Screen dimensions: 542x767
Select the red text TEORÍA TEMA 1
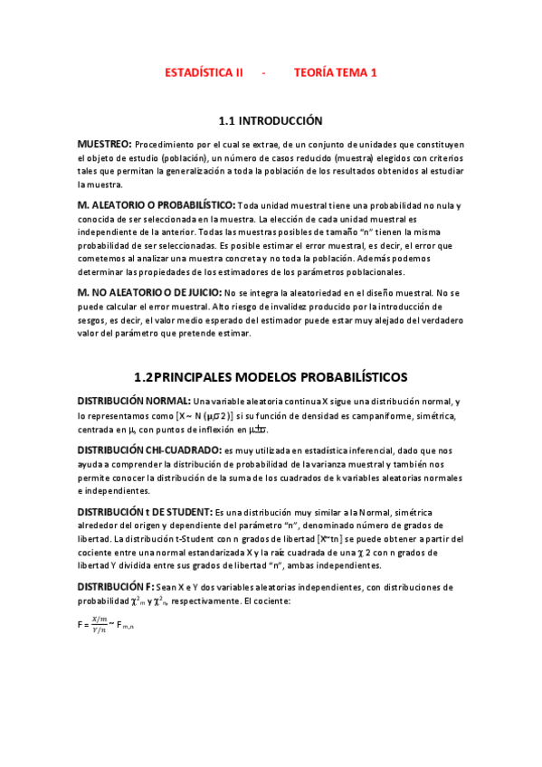(x=335, y=73)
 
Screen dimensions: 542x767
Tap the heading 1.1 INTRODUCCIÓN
(x=271, y=120)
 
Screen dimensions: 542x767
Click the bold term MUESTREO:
(x=105, y=144)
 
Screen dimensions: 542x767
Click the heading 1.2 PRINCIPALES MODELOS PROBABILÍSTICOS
(x=271, y=376)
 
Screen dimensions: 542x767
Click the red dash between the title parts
(x=264, y=73)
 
